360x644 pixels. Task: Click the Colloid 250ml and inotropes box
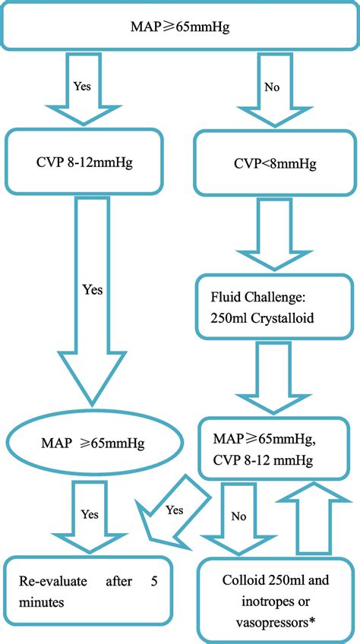277,600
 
